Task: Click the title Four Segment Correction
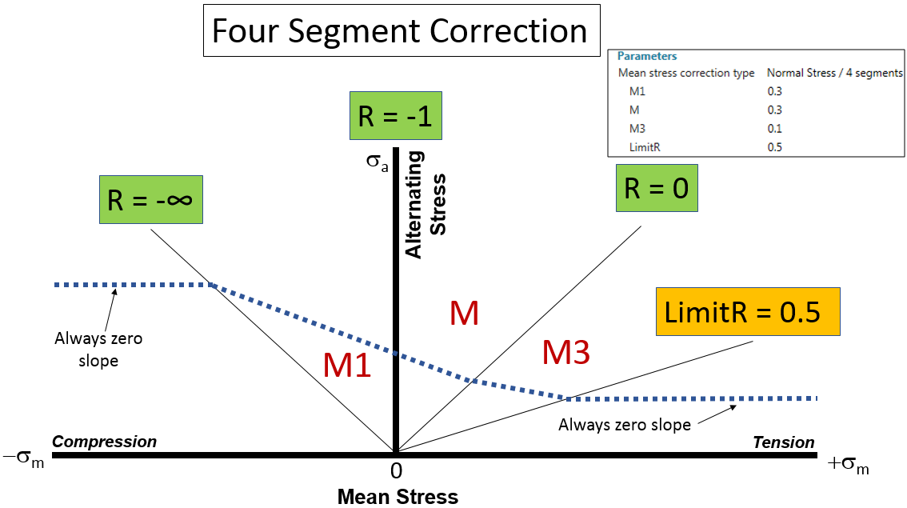[x=400, y=30]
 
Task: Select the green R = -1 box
[x=395, y=117]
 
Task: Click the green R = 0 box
[x=656, y=189]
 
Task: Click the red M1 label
[x=346, y=366]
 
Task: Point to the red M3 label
[x=566, y=353]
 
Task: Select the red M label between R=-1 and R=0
[x=464, y=314]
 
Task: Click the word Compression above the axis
[x=104, y=442]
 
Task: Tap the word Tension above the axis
[x=784, y=442]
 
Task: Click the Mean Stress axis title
[x=398, y=497]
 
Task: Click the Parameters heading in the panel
[x=647, y=56]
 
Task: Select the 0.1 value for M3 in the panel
[x=774, y=128]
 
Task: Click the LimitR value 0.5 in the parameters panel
[x=774, y=146]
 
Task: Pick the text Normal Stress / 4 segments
[x=834, y=73]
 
